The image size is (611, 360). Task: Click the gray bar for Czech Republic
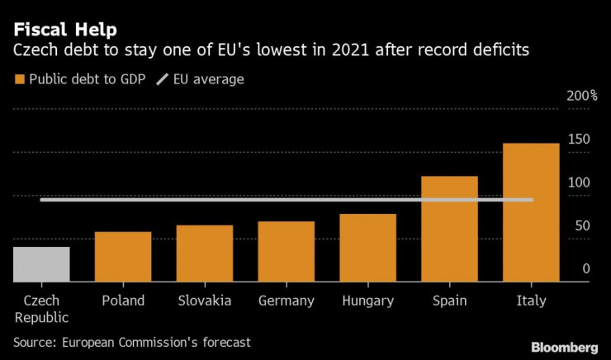pyautogui.click(x=41, y=264)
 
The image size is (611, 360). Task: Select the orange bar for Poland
pyautogui.click(x=123, y=257)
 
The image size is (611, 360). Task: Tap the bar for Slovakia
pyautogui.click(x=205, y=253)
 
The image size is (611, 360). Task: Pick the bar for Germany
pyautogui.click(x=287, y=252)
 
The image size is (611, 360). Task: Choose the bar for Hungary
pyautogui.click(x=368, y=248)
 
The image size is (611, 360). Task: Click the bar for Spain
pyautogui.click(x=449, y=229)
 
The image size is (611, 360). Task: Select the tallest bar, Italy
pyautogui.click(x=531, y=212)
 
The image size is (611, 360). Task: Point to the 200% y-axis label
pyautogui.click(x=581, y=97)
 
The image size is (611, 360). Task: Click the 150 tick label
pyautogui.click(x=579, y=140)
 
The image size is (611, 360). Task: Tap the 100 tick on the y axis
pyautogui.click(x=579, y=182)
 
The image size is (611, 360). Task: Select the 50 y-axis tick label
pyautogui.click(x=581, y=225)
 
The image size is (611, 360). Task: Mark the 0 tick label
pyautogui.click(x=585, y=268)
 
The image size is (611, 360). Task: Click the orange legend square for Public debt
pyautogui.click(x=19, y=79)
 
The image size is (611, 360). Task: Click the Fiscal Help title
pyautogui.click(x=64, y=31)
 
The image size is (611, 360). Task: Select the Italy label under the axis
pyautogui.click(x=531, y=301)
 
